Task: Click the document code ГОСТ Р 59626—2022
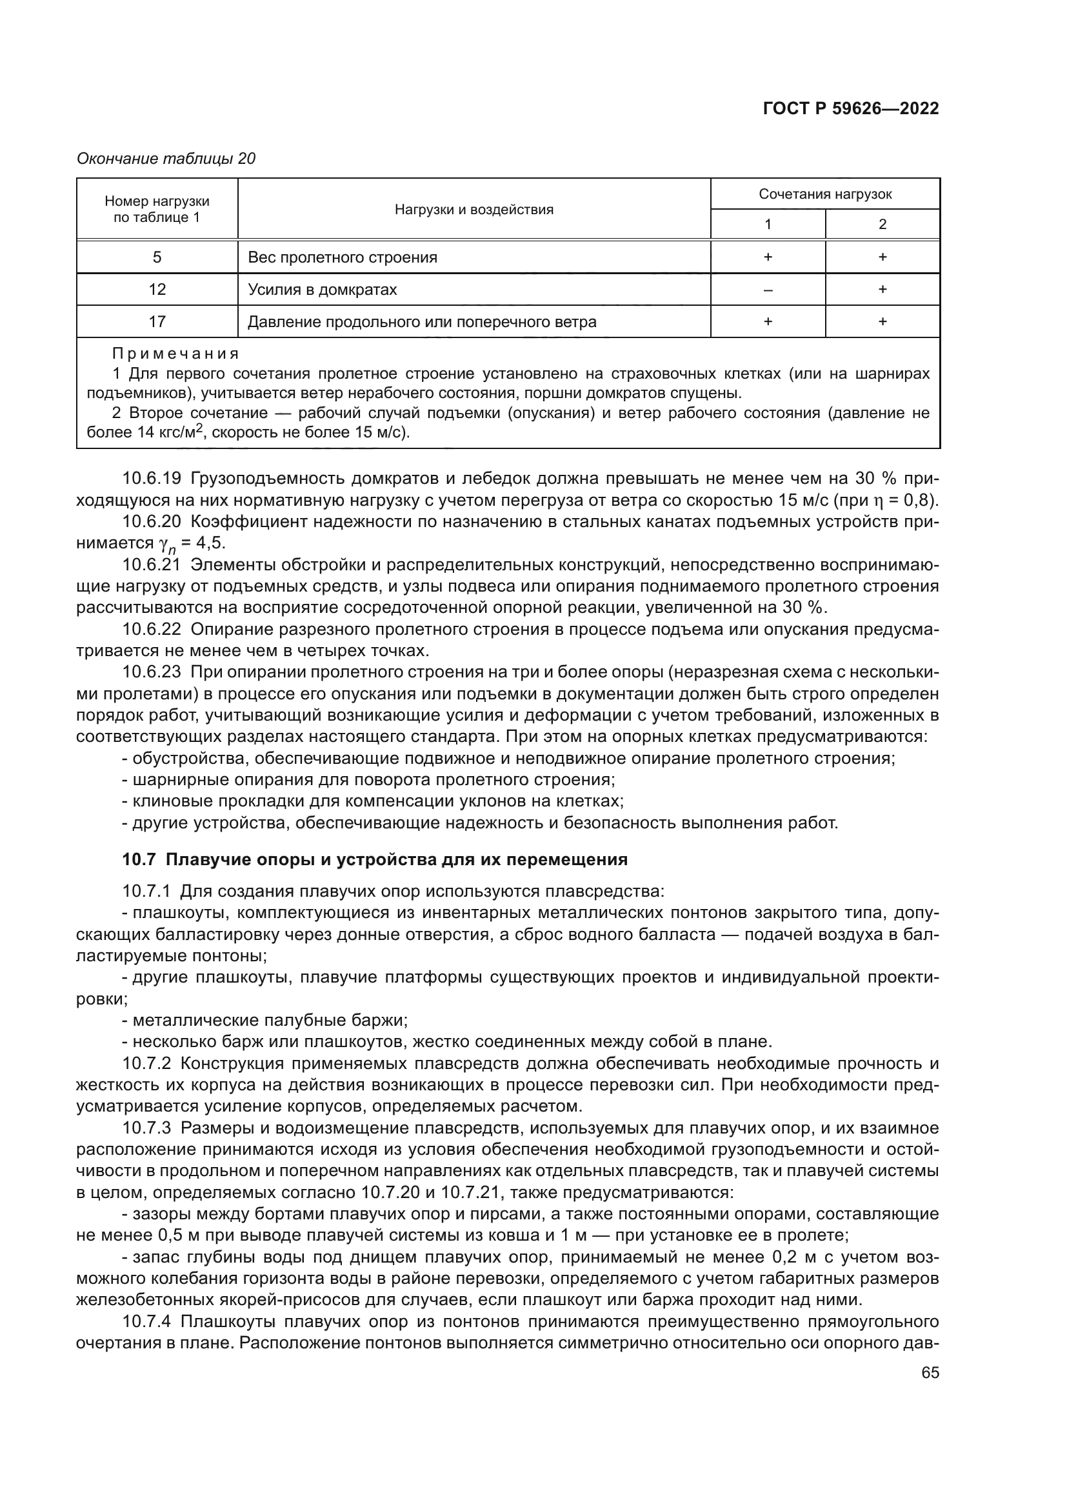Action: pos(851,108)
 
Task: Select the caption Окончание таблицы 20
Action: pos(166,159)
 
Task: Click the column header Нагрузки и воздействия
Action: pos(474,210)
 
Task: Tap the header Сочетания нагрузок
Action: pos(824,194)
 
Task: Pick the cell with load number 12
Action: pos(157,289)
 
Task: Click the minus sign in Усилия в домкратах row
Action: pos(768,289)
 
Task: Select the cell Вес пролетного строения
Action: pos(343,257)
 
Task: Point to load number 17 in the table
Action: pos(157,321)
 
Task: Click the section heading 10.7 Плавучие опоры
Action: pos(375,859)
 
